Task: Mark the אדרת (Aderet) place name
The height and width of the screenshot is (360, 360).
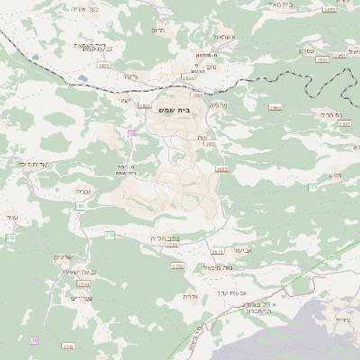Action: click(190, 295)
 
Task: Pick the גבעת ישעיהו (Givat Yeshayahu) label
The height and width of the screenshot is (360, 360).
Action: click(68, 272)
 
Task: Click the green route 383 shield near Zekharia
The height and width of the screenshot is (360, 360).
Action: click(80, 207)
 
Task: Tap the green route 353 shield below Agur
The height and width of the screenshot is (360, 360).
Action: click(11, 237)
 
